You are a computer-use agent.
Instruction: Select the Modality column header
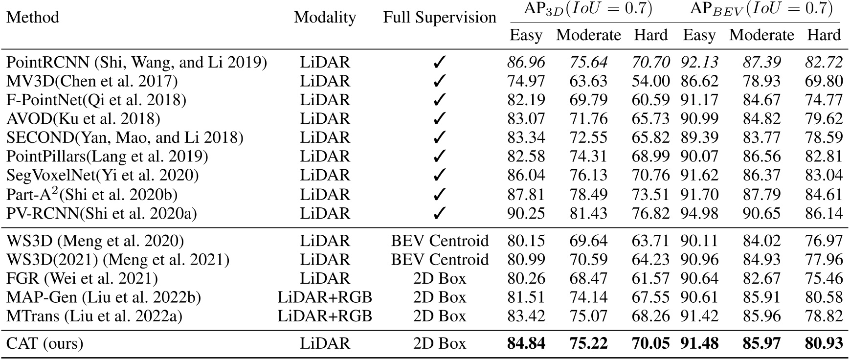click(325, 18)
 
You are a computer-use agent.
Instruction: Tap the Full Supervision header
click(439, 18)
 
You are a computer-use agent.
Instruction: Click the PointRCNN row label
click(136, 63)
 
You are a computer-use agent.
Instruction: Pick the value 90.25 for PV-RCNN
click(526, 214)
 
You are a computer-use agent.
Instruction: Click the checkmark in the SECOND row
click(440, 138)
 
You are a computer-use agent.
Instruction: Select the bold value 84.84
click(526, 344)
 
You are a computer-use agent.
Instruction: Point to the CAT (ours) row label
click(45, 344)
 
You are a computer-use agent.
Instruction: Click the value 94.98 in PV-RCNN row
click(699, 214)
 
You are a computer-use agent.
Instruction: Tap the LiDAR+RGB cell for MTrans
click(325, 316)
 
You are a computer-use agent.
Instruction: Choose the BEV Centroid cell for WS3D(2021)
click(439, 260)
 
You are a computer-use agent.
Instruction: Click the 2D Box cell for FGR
click(439, 279)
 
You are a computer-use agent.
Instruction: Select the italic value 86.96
click(526, 63)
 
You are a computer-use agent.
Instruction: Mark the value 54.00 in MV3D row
click(650, 81)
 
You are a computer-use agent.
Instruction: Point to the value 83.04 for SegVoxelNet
click(824, 176)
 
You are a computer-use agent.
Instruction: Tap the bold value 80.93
click(824, 344)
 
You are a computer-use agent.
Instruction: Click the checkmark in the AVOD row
click(440, 119)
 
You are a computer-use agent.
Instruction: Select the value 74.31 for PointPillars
click(588, 157)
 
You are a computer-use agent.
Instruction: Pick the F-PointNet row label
click(96, 100)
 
